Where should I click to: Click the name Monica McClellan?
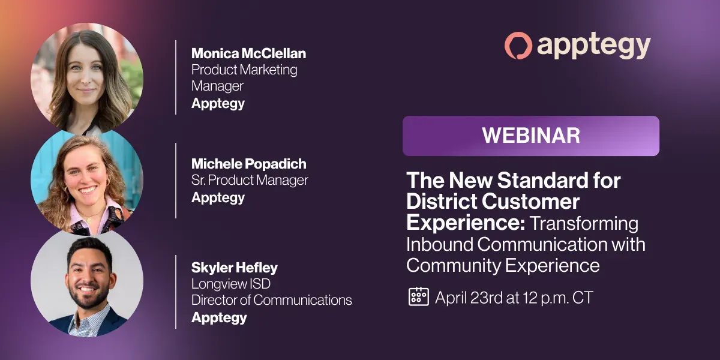pyautogui.click(x=248, y=53)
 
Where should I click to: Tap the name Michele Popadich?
pyautogui.click(x=249, y=164)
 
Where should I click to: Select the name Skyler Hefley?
pyautogui.click(x=235, y=268)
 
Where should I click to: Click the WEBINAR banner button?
pyautogui.click(x=530, y=136)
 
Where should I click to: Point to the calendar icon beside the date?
pyautogui.click(x=419, y=296)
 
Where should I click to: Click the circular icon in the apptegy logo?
pyautogui.click(x=518, y=46)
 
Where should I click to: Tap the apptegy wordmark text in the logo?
pyautogui.click(x=593, y=47)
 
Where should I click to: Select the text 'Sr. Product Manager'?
pyautogui.click(x=250, y=180)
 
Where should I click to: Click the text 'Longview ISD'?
pyautogui.click(x=231, y=284)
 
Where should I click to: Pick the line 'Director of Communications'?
pyautogui.click(x=271, y=300)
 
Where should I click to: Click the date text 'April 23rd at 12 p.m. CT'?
pyautogui.click(x=514, y=298)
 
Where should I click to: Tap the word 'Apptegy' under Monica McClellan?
pyautogui.click(x=218, y=104)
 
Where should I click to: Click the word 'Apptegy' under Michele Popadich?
pyautogui.click(x=218, y=198)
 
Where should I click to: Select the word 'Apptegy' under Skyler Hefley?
pyautogui.click(x=219, y=318)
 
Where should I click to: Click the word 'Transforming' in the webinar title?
pyautogui.click(x=584, y=224)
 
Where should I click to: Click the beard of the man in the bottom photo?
pyautogui.click(x=88, y=298)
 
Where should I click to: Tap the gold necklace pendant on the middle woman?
pyautogui.click(x=89, y=221)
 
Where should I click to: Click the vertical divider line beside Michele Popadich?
pyautogui.click(x=176, y=181)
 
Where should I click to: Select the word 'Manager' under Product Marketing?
pyautogui.click(x=217, y=86)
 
